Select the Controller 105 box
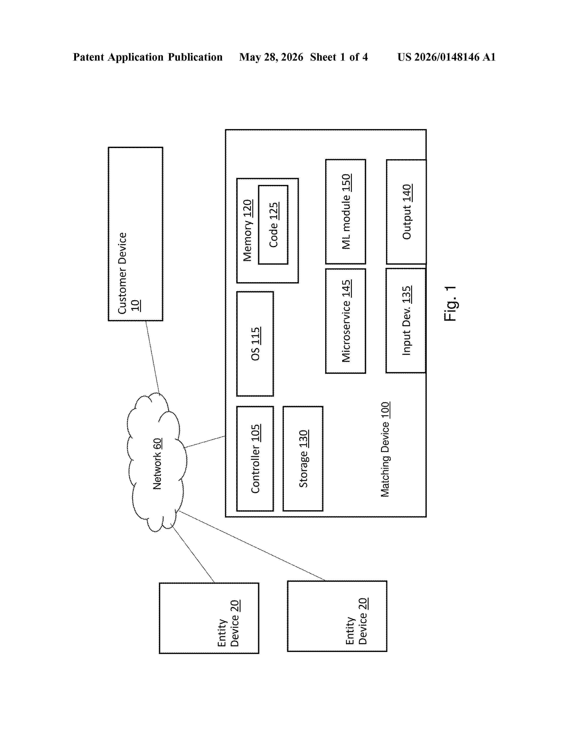(255, 458)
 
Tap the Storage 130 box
(303, 458)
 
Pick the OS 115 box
(255, 344)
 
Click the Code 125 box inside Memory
(273, 225)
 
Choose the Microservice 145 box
(346, 321)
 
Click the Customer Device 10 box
(135, 234)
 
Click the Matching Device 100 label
(385, 449)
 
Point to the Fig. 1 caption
(450, 303)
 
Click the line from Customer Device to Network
(153, 357)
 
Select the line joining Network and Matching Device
(204, 442)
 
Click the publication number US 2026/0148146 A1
(446, 57)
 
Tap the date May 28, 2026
(271, 57)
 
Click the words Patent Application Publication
(148, 57)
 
